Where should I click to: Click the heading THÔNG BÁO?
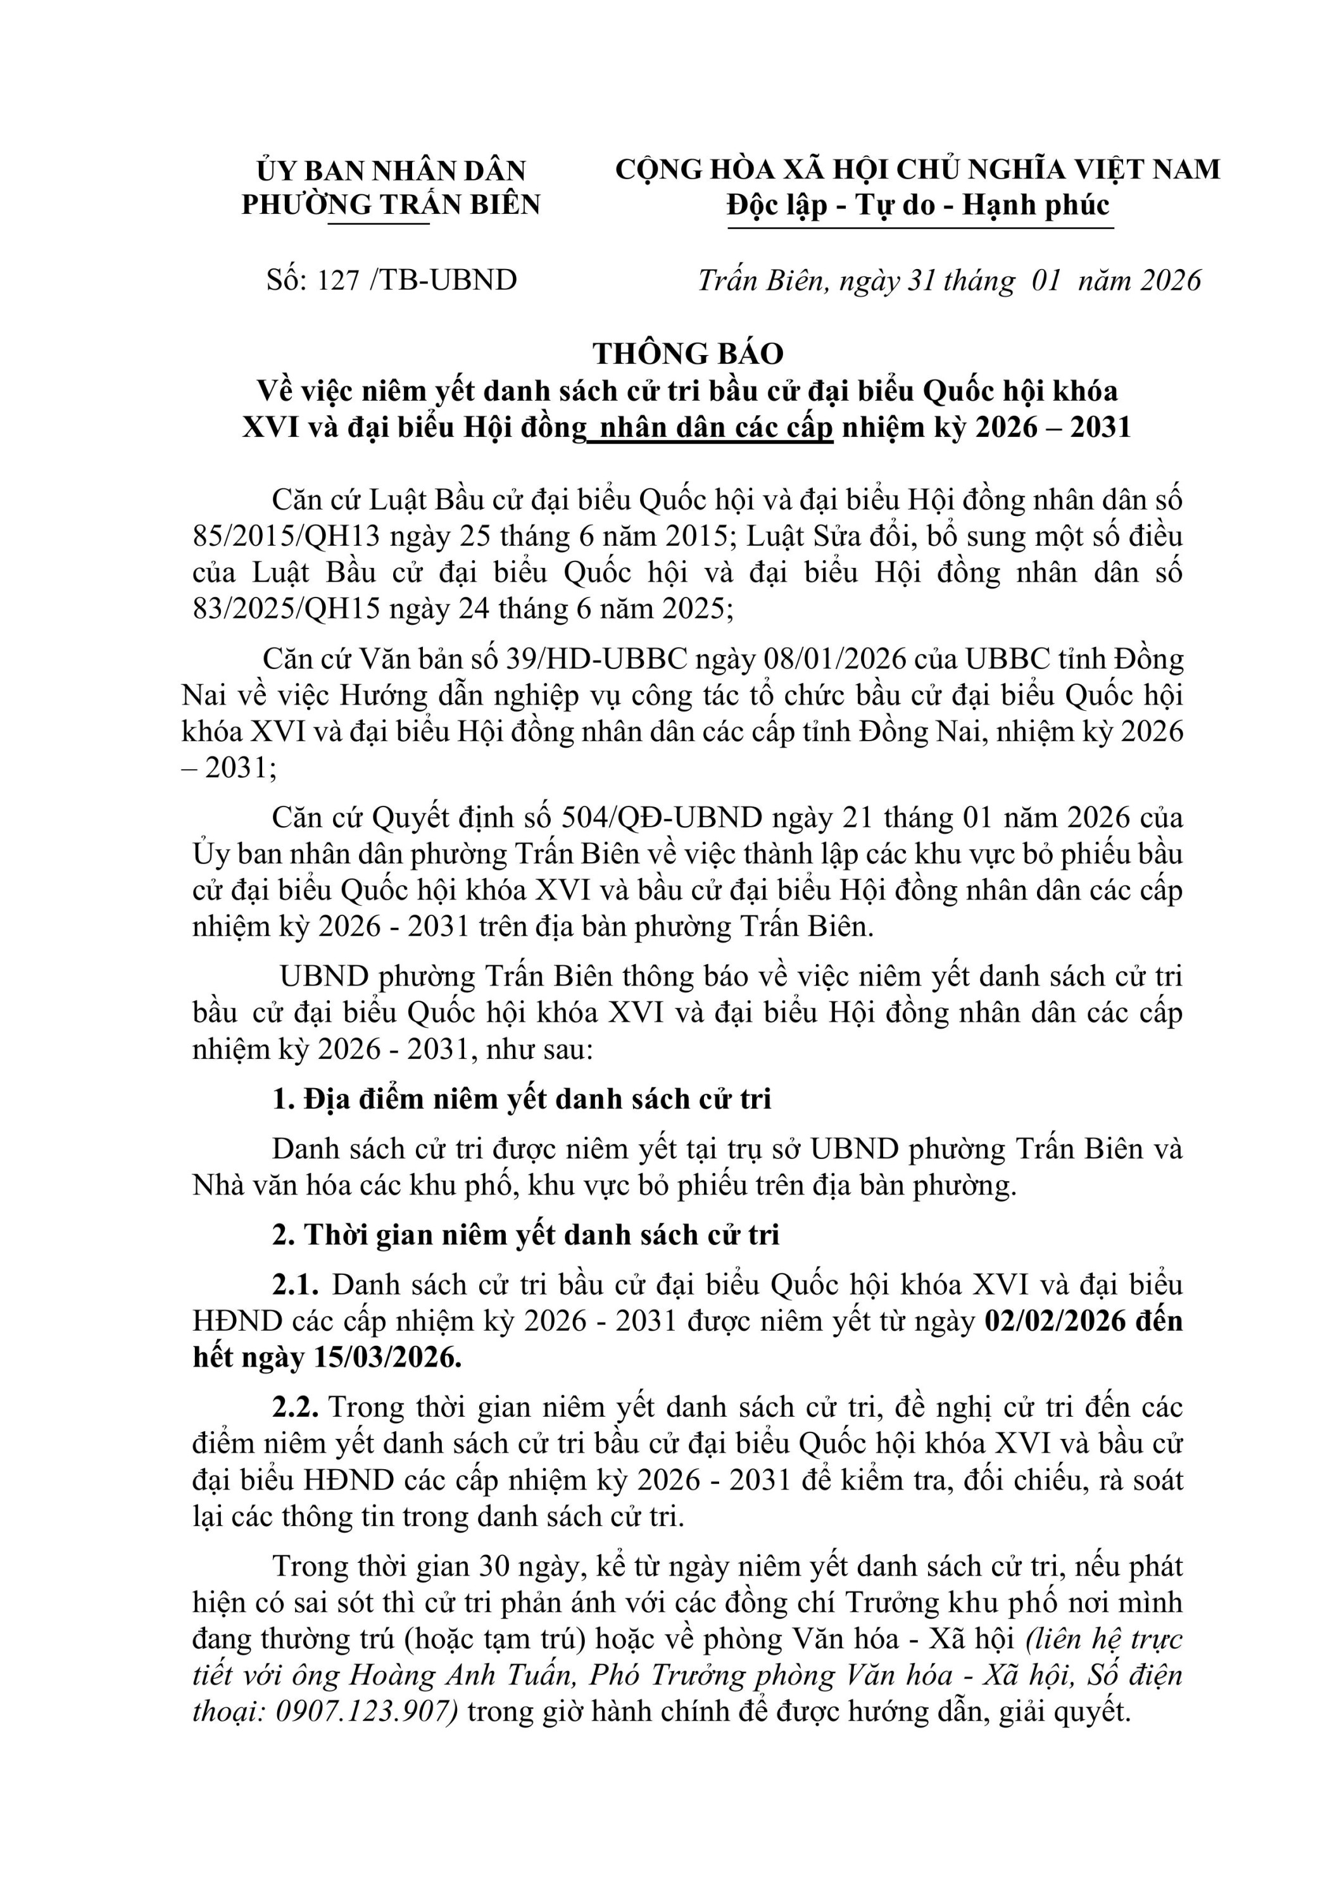pos(687,354)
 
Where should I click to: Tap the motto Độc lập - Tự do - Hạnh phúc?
pos(918,204)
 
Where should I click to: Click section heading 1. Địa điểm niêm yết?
pos(522,1099)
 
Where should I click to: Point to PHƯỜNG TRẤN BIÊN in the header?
pos(391,204)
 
